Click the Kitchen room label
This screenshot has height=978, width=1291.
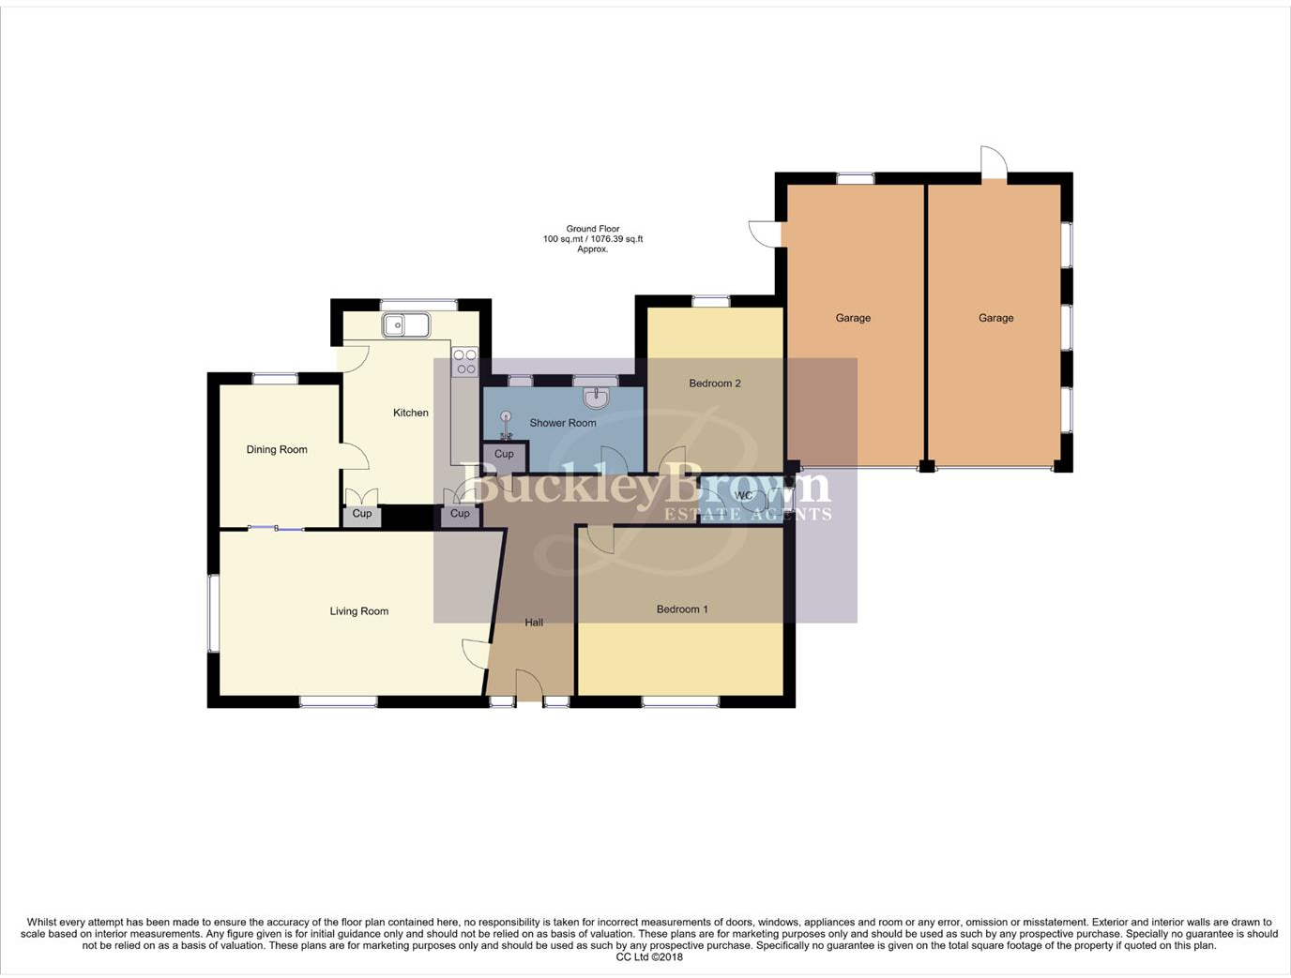coord(410,413)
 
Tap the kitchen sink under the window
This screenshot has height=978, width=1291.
coord(405,325)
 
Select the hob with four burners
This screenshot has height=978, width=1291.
coord(464,362)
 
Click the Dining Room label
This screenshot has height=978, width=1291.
coord(277,449)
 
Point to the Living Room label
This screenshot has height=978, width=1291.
coord(358,611)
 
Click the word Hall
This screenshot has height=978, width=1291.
coord(534,623)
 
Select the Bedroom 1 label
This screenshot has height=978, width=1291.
coord(682,609)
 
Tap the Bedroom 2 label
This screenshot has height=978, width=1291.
coord(715,384)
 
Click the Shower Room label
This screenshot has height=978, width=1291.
coord(562,423)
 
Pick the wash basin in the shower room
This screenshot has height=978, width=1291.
coord(596,399)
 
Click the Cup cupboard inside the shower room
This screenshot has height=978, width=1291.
coord(504,455)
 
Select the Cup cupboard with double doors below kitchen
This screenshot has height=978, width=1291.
coord(362,514)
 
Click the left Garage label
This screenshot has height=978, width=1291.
coord(853,318)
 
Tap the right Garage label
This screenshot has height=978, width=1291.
coord(995,318)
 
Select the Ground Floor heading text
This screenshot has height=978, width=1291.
coord(593,229)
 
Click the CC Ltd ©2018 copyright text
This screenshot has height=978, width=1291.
coord(649,957)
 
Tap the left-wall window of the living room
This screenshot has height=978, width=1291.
coord(213,613)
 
